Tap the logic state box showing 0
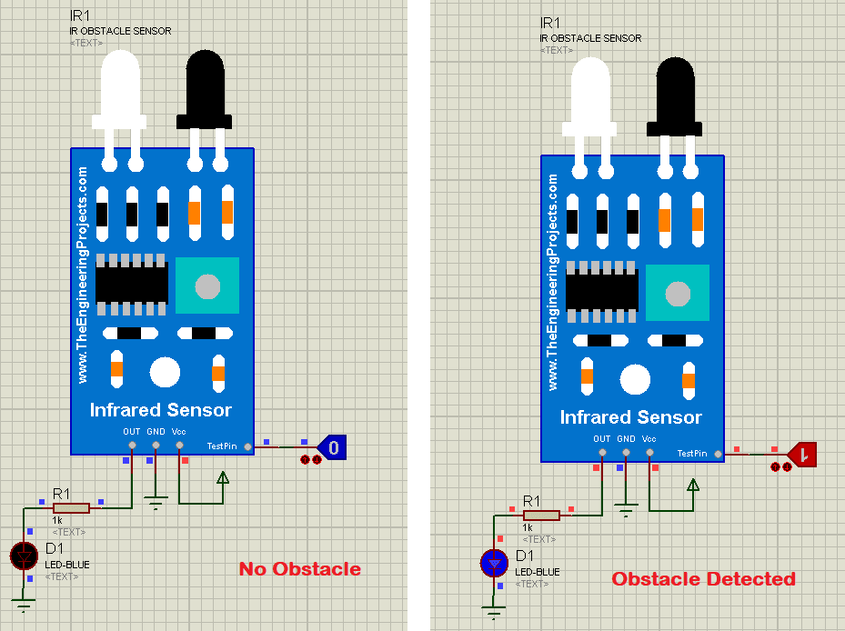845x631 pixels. point(334,446)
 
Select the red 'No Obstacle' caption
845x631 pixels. point(300,569)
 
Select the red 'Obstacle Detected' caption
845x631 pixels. point(703,578)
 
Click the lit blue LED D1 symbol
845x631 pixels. point(494,563)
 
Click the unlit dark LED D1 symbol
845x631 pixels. point(24,555)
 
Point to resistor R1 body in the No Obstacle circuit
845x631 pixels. point(71,508)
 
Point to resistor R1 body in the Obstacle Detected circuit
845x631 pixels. point(541,515)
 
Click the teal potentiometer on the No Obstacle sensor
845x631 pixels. point(207,286)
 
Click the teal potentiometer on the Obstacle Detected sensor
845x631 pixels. point(677,294)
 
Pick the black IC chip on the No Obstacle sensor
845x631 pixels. point(132,283)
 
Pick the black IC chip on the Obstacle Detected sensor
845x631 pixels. point(601,290)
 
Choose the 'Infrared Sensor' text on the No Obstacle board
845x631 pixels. point(160,410)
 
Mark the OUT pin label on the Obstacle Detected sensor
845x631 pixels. point(601,438)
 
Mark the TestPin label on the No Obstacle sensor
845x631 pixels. point(222,446)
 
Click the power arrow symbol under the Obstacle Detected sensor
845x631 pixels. point(693,486)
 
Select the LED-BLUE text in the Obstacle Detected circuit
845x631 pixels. point(538,572)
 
